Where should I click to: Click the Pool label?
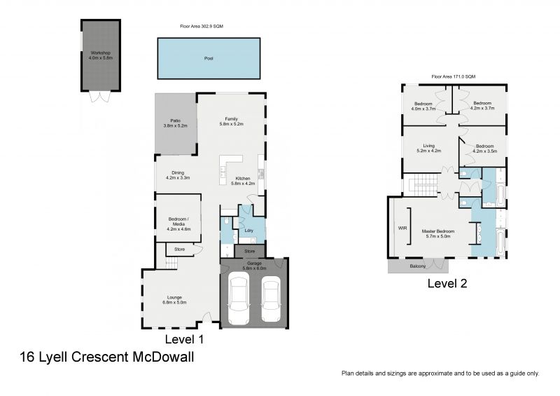click(208, 59)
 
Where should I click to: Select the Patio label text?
click(175, 123)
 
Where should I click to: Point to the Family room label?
click(231, 121)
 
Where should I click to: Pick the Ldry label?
click(248, 229)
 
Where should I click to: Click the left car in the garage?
click(239, 299)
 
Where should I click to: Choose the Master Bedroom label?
click(438, 233)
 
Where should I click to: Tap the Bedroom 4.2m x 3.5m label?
click(484, 149)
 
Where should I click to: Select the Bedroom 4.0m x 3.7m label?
click(424, 106)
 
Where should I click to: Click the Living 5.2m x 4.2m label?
click(428, 148)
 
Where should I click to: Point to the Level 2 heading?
click(447, 284)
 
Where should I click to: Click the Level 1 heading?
click(183, 339)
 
